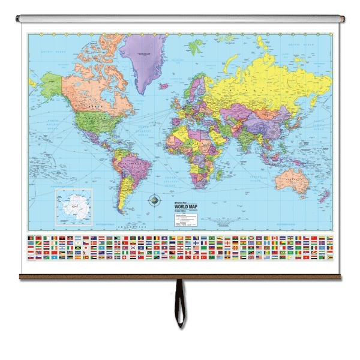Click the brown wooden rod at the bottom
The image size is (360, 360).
click(180, 277)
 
